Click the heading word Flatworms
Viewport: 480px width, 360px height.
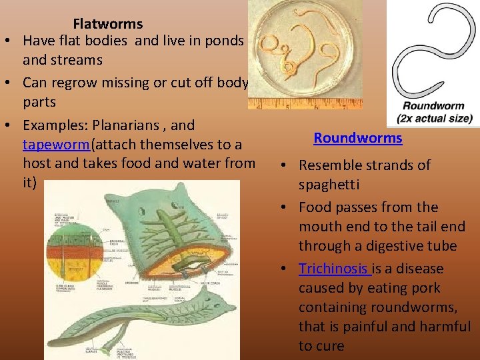pos(107,24)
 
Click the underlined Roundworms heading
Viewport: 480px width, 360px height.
pos(358,138)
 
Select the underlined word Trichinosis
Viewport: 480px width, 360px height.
pos(333,269)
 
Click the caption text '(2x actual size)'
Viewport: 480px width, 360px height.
pos(434,119)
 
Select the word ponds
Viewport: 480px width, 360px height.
pos(225,41)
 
